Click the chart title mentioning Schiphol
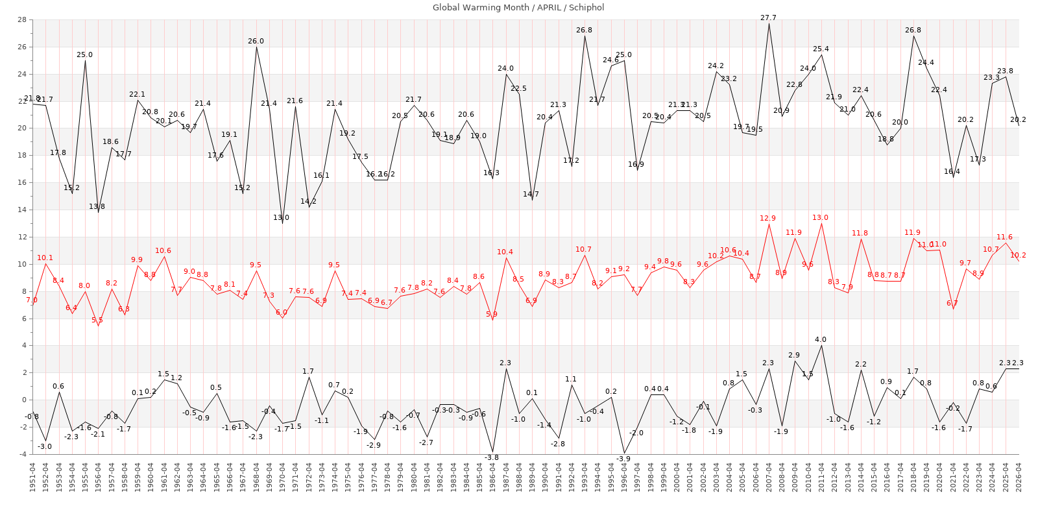(x=518, y=8)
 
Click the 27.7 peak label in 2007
(x=768, y=18)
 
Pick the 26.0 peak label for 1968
(x=256, y=41)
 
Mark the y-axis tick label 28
(x=22, y=19)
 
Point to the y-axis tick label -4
(x=22, y=454)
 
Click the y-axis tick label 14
(x=22, y=210)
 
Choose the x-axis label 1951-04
(x=32, y=477)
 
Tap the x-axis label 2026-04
(x=1019, y=477)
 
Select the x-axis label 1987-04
(x=506, y=477)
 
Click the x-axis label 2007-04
(x=769, y=477)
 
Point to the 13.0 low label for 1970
(x=282, y=217)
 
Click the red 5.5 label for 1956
(x=97, y=320)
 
